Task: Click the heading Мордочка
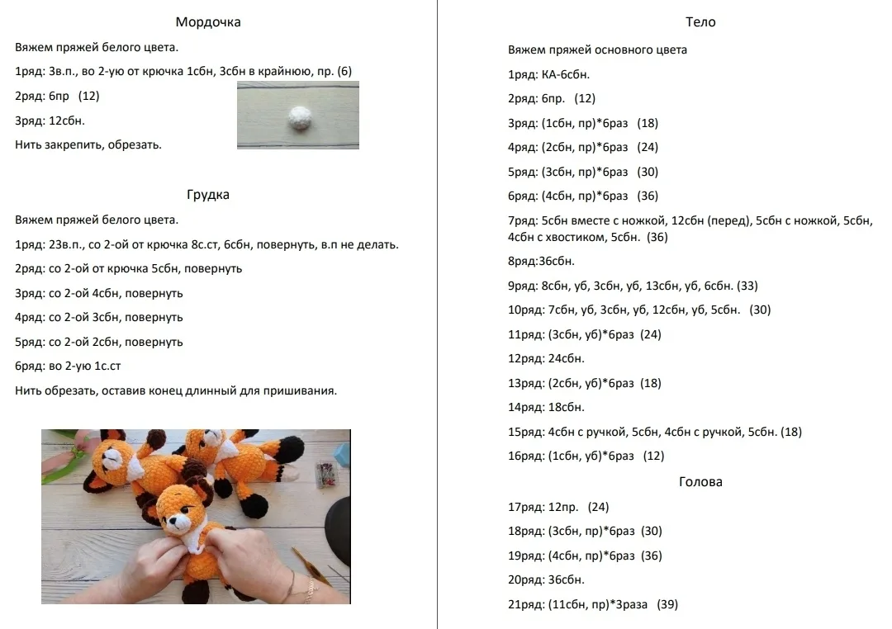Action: click(x=207, y=22)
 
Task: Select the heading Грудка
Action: click(x=207, y=195)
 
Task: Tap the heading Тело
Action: click(x=700, y=22)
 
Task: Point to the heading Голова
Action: click(x=700, y=482)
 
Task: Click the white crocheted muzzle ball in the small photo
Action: click(x=298, y=118)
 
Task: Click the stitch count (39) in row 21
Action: click(x=667, y=604)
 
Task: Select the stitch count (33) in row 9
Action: click(x=747, y=286)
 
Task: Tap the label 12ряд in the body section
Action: click(x=525, y=359)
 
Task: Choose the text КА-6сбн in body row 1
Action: click(x=565, y=74)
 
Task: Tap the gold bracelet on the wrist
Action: click(x=311, y=589)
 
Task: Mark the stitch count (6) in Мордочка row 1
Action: click(x=344, y=72)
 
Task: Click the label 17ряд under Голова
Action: click(x=525, y=508)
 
